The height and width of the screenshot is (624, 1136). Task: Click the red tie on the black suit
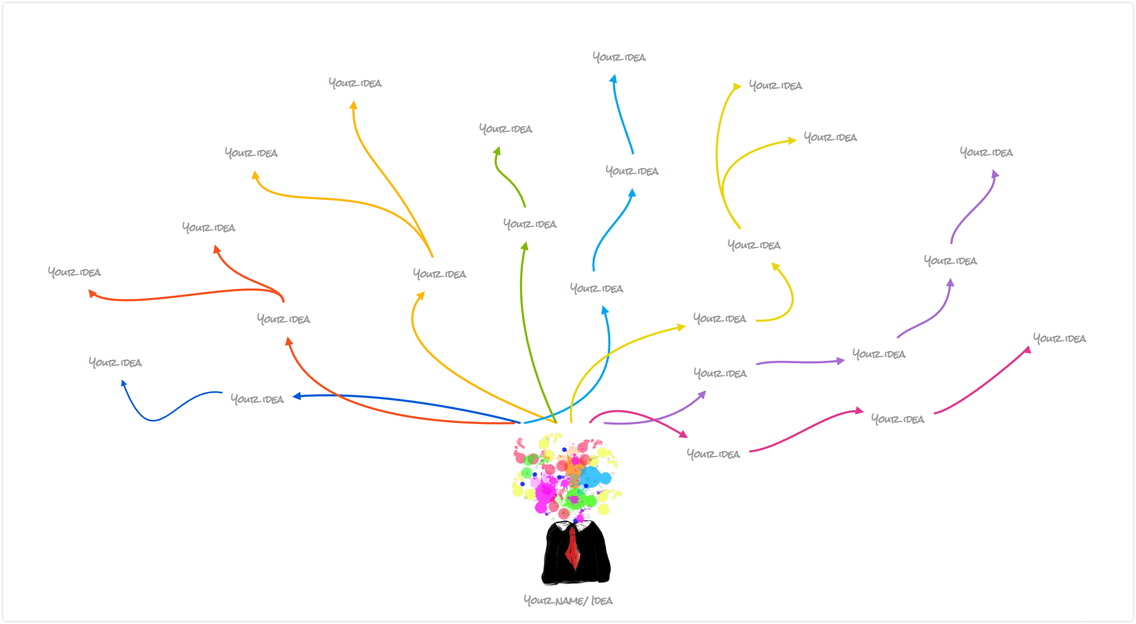coord(573,548)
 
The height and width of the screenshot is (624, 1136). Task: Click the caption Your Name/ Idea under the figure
coord(568,601)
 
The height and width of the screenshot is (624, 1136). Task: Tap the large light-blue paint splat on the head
coord(596,478)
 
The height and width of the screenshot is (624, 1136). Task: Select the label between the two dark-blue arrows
coord(257,399)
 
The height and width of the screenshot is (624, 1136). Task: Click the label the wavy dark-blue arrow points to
coord(115,362)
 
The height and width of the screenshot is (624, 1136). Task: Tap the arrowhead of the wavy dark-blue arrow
coord(123,383)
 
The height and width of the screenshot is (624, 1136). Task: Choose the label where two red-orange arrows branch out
coord(284,319)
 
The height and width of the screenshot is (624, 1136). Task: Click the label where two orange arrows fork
coord(440,274)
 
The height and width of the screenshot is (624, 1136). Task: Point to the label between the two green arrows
coord(530,224)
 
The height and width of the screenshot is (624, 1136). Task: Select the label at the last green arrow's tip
coord(506,129)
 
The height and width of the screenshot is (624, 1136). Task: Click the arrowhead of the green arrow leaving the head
coord(525,246)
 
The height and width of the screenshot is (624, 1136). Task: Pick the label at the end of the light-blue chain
coord(619,57)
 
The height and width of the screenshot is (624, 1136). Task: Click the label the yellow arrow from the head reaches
coord(720,319)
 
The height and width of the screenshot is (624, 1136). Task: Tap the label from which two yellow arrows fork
coord(754,245)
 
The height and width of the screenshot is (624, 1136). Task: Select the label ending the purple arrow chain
coord(987,152)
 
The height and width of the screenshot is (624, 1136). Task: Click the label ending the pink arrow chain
coord(1060,339)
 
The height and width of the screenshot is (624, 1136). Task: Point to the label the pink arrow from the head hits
coord(713,454)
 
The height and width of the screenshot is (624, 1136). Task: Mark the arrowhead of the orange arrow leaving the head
coord(421,295)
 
